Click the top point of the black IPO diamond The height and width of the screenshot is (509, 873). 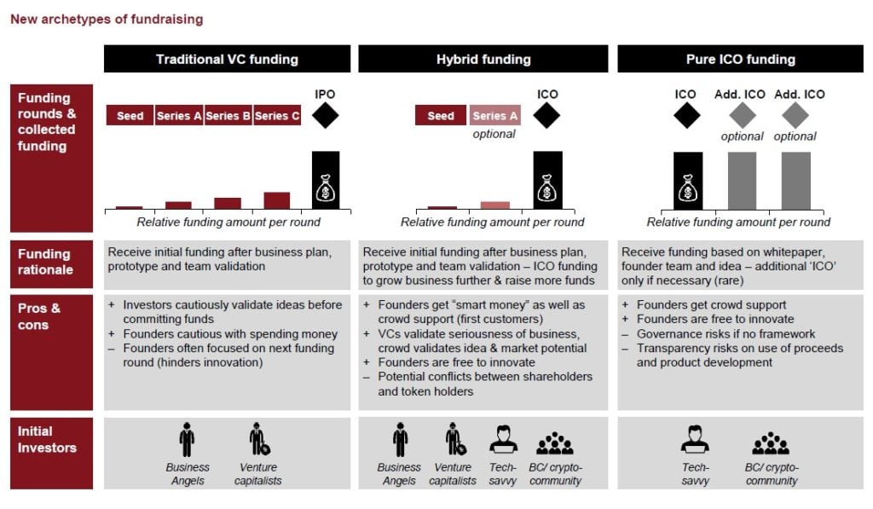pos(325,102)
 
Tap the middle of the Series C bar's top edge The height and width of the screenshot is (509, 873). pos(277,193)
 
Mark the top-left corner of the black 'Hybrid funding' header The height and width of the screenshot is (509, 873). pos(359,45)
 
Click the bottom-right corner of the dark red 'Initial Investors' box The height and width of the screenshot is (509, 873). pos(93,489)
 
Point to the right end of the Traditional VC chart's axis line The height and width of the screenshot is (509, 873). pos(350,210)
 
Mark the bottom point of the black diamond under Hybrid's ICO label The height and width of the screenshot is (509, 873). pos(546,130)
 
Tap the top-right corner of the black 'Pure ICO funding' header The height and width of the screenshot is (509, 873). pos(864,45)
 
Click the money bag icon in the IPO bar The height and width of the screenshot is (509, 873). pos(325,188)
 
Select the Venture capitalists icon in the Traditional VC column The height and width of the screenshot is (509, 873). pos(259,439)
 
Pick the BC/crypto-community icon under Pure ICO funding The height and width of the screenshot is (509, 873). pos(771,443)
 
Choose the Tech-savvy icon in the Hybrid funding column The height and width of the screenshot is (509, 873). pos(503,439)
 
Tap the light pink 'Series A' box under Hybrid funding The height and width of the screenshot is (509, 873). pos(495,115)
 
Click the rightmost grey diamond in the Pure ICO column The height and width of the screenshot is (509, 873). pos(795,116)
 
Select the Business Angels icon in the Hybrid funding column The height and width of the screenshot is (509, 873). pos(400,439)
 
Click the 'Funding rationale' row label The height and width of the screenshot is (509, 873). pos(45,262)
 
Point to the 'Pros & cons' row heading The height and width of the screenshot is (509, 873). pos(39,316)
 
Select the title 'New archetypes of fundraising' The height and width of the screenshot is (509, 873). pos(107,19)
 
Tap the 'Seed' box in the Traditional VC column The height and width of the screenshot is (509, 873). pos(130,115)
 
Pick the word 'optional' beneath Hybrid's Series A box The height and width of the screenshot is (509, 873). pos(494,134)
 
